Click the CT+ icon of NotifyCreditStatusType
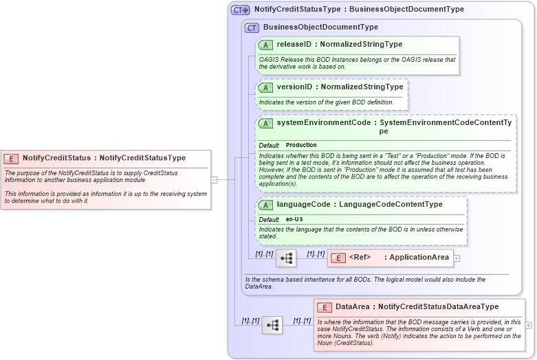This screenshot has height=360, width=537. (240, 10)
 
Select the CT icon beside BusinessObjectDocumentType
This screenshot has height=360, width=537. (252, 27)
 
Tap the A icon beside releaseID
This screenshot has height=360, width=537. (265, 45)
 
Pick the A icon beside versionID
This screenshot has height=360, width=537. (265, 87)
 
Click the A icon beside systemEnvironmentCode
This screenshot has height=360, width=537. (265, 123)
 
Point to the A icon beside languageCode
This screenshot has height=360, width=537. (265, 205)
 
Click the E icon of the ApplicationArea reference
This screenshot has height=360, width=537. (338, 258)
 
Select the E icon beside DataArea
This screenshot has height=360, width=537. (324, 307)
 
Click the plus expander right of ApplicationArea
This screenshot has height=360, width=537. (457, 258)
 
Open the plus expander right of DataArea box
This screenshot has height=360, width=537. (528, 324)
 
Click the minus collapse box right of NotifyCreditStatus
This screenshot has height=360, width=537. (214, 180)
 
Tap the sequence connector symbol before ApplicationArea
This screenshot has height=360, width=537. (286, 258)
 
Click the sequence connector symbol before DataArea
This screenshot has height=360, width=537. (272, 325)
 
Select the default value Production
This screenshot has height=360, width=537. (301, 146)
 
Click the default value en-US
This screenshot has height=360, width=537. (294, 219)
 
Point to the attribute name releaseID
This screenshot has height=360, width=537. (294, 45)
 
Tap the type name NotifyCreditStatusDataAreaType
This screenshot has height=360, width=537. (438, 307)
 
